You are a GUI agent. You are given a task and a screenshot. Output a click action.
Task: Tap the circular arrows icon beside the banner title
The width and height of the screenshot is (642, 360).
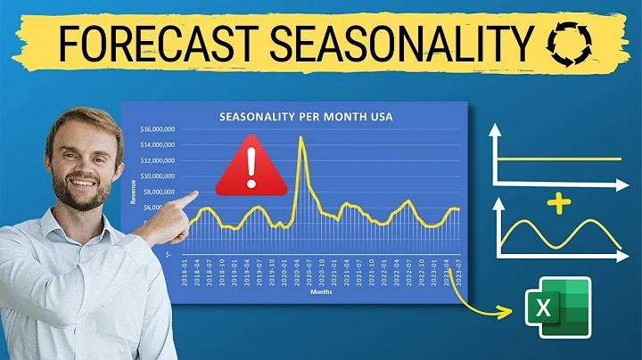(561, 41)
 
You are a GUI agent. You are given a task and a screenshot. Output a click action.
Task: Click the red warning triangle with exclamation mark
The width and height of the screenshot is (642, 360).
(251, 165)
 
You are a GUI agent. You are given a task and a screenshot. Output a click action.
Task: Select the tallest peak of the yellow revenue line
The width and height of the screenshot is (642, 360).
(301, 137)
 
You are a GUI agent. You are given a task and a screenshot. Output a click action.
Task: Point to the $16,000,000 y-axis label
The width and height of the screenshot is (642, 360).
(158, 129)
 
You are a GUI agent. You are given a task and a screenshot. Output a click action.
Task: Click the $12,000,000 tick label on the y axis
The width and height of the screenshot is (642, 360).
(158, 160)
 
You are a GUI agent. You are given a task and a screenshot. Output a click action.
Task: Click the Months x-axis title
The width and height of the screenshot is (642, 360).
(321, 290)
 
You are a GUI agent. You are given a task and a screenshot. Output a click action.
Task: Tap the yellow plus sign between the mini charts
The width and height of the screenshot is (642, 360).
(558, 205)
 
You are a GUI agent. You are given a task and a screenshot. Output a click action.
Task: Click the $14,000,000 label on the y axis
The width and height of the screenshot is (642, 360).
(158, 145)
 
